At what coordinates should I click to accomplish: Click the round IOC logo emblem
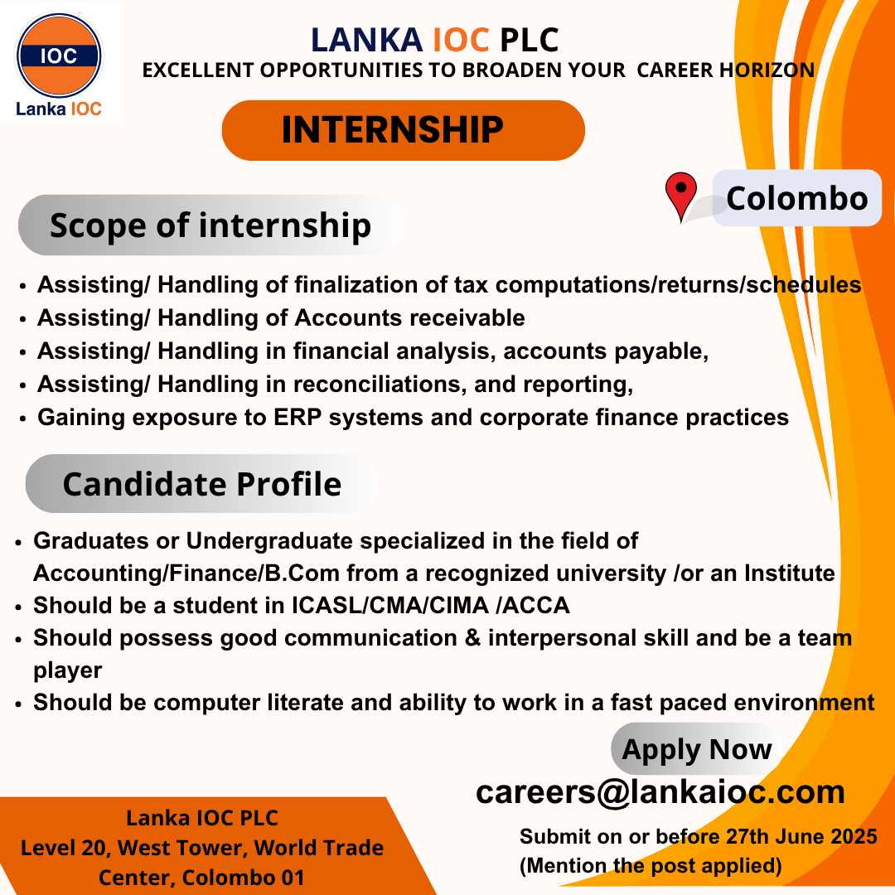click(59, 56)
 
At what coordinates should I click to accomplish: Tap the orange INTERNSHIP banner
click(403, 130)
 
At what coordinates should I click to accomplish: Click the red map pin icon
click(681, 196)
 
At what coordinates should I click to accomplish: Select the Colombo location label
click(797, 198)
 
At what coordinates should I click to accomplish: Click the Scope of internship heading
click(210, 225)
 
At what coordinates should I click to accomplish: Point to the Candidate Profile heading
click(202, 484)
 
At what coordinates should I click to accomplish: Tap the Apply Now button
click(696, 749)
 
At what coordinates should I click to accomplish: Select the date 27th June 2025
click(801, 836)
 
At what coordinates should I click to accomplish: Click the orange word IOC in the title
click(461, 40)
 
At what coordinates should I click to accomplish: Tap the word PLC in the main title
click(529, 40)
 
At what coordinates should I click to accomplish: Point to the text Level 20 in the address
click(64, 849)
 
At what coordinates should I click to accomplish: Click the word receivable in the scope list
click(467, 318)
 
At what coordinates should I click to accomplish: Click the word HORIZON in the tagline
click(767, 70)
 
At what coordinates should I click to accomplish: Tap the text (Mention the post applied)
click(651, 866)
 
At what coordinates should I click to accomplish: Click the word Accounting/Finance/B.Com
click(186, 573)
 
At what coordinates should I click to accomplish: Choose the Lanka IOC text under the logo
click(59, 109)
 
